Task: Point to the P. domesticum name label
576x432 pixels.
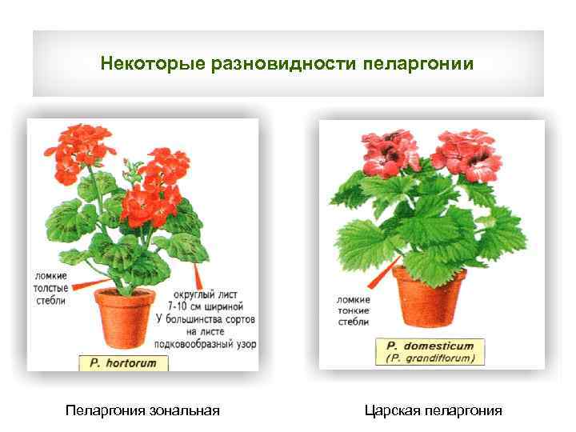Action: (430, 346)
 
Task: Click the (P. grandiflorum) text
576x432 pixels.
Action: (430, 358)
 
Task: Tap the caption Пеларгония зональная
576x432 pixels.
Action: (142, 411)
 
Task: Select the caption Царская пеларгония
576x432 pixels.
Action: (433, 411)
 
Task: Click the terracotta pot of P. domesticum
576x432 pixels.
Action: (429, 296)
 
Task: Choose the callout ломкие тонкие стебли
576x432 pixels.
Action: (353, 311)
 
